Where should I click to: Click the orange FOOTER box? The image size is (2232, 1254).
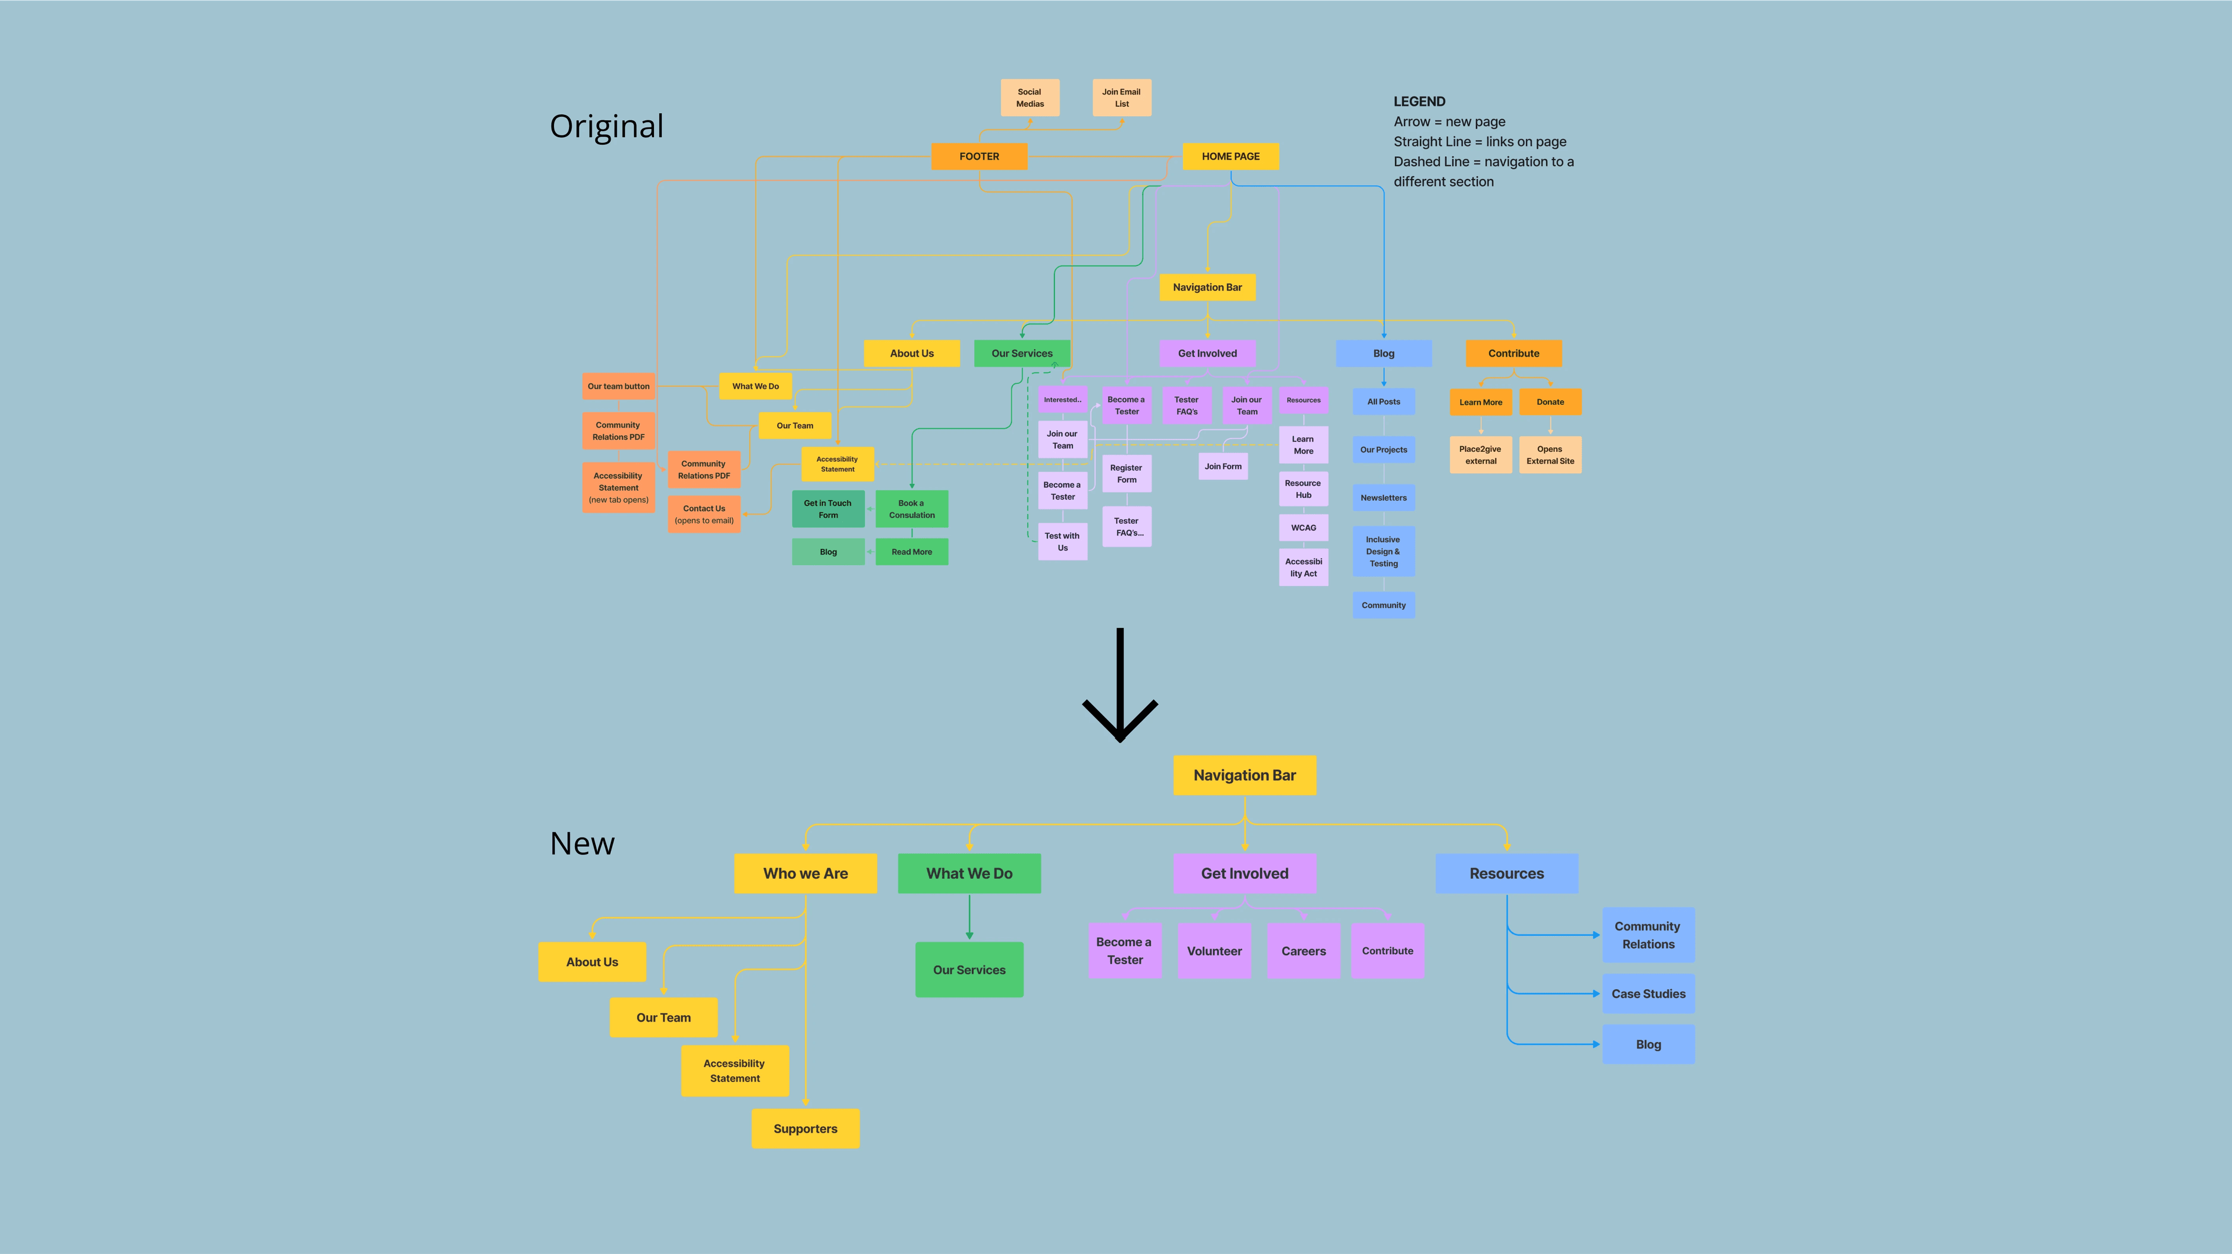tap(979, 156)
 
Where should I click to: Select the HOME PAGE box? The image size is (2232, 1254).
tap(1231, 156)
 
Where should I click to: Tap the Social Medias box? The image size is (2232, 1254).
tap(1029, 98)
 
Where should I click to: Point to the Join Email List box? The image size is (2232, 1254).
tap(1121, 98)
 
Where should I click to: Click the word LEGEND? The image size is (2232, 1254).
tap(1419, 101)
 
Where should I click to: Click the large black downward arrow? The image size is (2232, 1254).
tap(1119, 684)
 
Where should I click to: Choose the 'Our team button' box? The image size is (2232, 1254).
tap(618, 386)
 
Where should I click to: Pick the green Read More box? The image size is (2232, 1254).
tap(911, 552)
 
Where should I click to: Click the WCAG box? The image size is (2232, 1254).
tap(1303, 527)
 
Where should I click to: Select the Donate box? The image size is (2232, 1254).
tap(1550, 402)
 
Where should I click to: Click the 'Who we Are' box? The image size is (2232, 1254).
tap(805, 873)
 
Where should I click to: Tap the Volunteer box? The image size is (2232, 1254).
tap(1214, 951)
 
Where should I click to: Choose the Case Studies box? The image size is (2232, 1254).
tap(1648, 993)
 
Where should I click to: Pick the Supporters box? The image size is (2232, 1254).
tap(805, 1129)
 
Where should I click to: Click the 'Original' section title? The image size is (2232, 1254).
tap(606, 127)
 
